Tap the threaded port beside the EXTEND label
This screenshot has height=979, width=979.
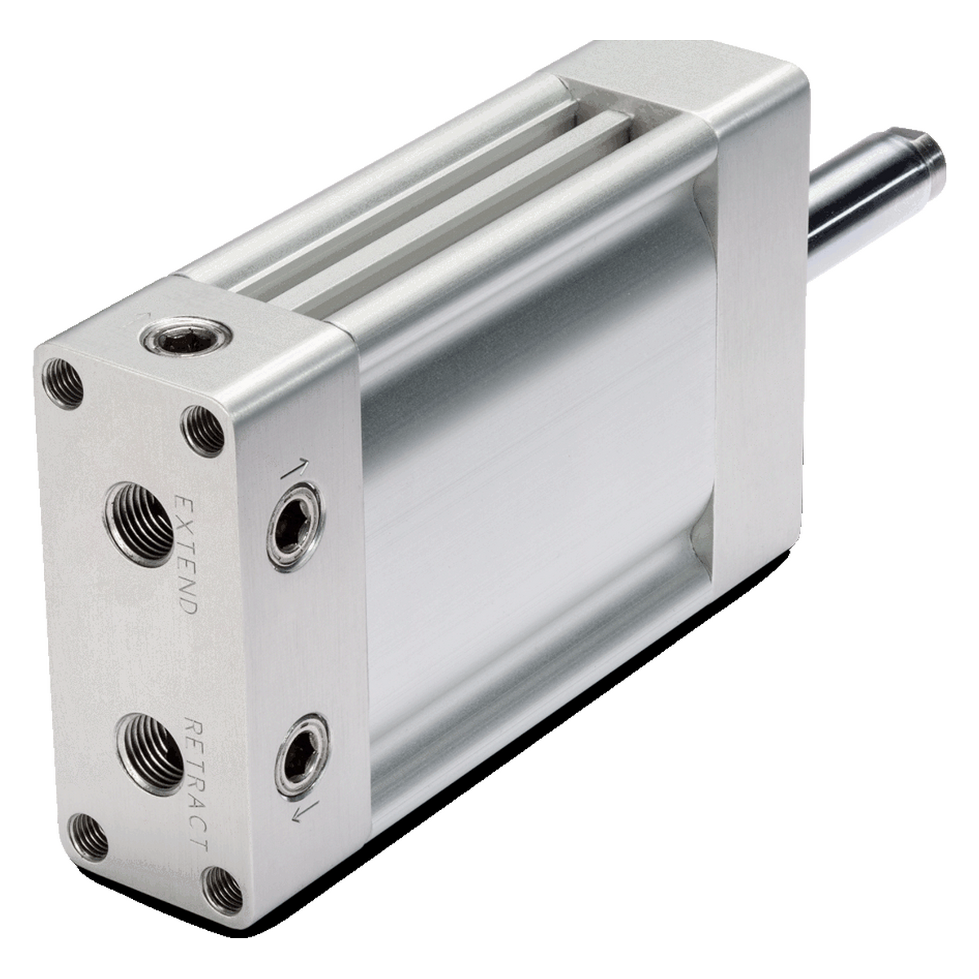[x=140, y=525]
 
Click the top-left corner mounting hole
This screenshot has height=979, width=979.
[x=63, y=383]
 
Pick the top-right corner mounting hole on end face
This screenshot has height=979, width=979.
[x=203, y=431]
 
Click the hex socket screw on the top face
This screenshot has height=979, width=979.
[x=187, y=337]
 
